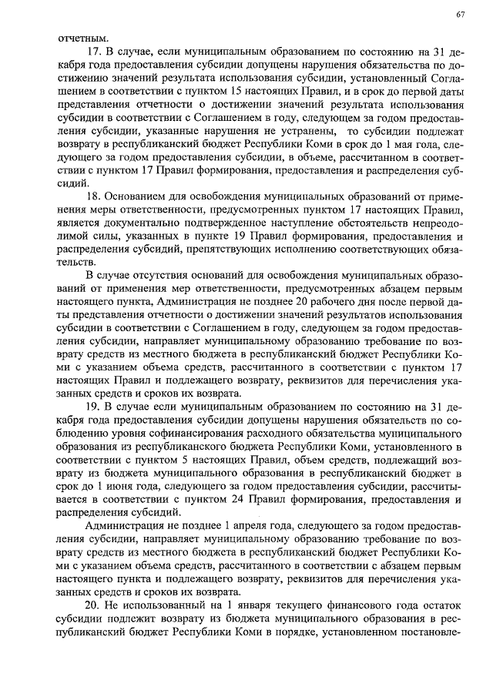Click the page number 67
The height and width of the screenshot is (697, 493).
pyautogui.click(x=460, y=15)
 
